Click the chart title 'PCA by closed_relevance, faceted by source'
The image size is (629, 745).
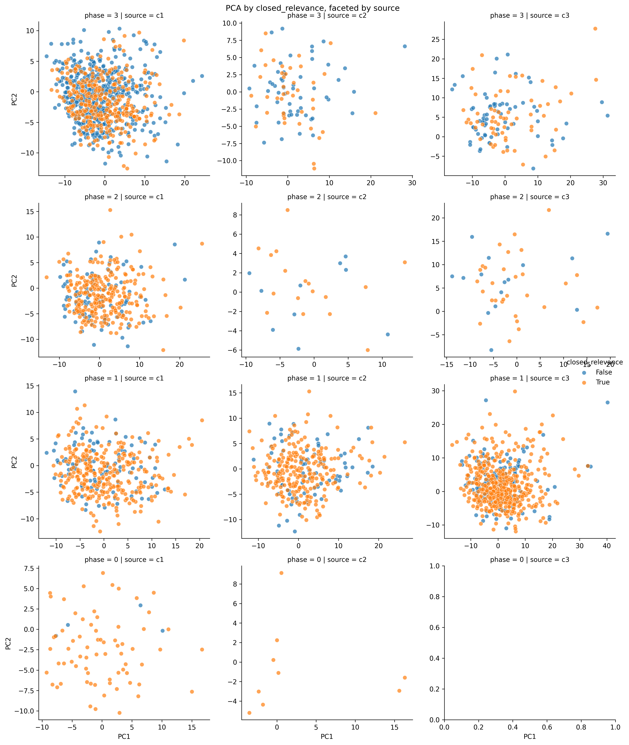312,8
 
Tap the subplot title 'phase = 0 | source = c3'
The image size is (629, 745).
530,559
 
